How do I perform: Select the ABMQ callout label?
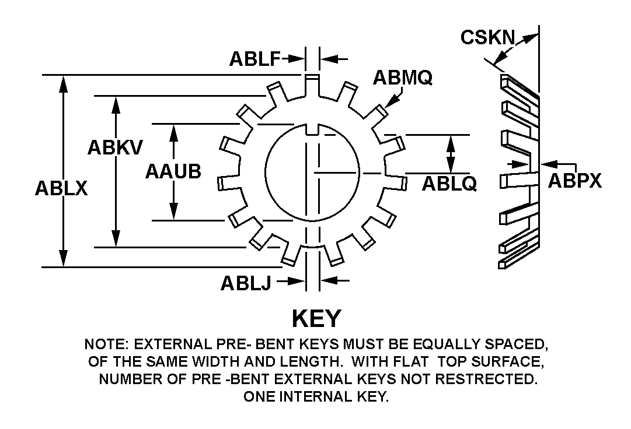(403, 77)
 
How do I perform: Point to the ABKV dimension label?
(114, 147)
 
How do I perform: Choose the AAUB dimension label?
(173, 171)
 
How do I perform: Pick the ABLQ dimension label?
(449, 184)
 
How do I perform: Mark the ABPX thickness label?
(574, 181)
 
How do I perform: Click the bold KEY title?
(316, 318)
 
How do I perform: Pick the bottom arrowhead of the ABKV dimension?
(117, 240)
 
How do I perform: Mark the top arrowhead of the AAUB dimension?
(173, 131)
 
